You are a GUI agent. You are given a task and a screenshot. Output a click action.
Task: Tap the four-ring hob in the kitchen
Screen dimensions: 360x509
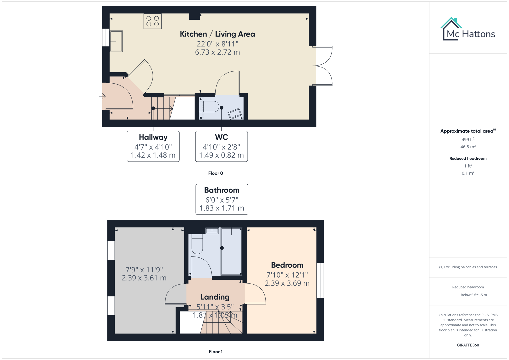point(152,21)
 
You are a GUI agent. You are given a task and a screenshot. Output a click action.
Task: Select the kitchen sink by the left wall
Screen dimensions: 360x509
point(116,41)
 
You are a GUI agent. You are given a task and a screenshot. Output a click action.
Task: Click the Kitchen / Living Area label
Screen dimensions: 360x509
point(217,34)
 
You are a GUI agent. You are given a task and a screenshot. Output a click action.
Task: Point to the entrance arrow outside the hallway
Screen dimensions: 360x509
point(102,96)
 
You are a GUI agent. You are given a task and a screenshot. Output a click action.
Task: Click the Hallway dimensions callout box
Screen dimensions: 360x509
point(153,146)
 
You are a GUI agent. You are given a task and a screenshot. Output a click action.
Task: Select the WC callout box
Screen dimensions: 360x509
point(221,146)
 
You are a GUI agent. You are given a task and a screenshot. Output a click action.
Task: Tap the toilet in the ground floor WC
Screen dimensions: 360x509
point(211,107)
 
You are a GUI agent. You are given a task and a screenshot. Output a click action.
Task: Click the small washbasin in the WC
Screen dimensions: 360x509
point(235,114)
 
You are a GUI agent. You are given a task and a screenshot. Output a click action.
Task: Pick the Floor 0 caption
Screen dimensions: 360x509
point(216,173)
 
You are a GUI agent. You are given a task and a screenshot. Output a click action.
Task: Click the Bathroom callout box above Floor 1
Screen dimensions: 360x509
point(222,199)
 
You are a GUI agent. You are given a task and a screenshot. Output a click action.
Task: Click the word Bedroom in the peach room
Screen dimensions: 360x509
point(287,265)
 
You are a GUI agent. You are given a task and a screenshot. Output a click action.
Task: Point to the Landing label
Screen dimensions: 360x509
point(215,297)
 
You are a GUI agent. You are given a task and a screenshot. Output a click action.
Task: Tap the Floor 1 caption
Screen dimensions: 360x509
point(216,352)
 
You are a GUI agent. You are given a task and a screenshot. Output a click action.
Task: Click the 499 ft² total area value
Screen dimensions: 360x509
point(468,139)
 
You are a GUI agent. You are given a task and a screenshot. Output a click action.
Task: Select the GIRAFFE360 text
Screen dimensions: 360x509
point(468,345)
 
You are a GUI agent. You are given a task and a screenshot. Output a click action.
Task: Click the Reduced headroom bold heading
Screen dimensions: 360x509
point(468,158)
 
